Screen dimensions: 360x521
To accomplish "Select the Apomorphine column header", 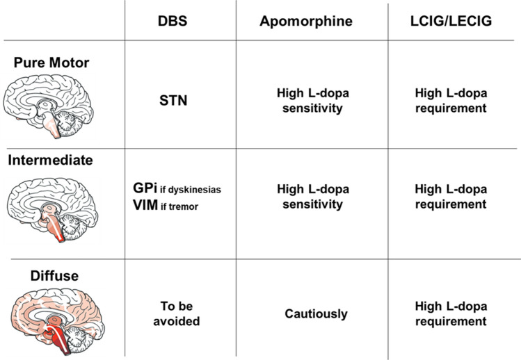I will click(305, 22).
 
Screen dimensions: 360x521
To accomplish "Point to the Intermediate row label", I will click(50, 161).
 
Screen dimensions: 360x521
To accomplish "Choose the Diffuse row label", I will click(54, 276).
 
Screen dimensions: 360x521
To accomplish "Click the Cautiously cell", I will click(316, 313).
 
